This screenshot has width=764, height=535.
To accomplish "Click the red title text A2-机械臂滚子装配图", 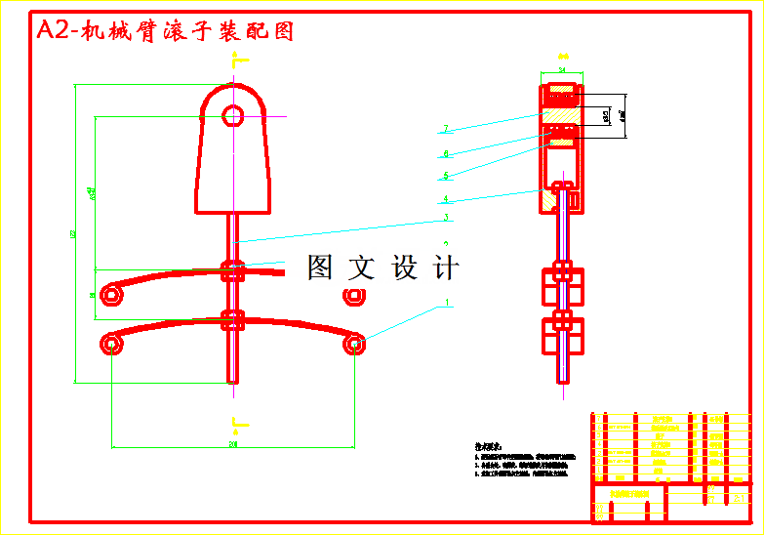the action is (164, 31).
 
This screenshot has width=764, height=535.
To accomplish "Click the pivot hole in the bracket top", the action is (232, 116).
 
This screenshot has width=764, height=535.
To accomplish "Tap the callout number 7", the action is (445, 129).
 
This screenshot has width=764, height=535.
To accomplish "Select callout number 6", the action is (445, 153).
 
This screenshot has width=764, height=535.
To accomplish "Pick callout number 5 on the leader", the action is (445, 176).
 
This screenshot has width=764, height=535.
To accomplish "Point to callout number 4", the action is (445, 199).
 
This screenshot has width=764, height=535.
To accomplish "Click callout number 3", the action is (445, 218).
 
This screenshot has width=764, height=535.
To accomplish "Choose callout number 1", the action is (448, 303).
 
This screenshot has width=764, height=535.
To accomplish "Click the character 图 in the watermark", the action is (321, 267).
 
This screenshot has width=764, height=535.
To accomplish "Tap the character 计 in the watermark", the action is (444, 267).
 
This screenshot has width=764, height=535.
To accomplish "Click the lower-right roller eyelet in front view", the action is (354, 343).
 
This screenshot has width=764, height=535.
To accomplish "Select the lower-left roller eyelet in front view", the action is (111, 343).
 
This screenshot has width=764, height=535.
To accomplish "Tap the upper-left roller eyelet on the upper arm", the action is (112, 293).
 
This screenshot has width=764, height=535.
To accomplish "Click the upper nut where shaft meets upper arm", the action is (232, 270).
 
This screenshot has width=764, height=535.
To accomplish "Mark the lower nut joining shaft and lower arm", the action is (232, 319).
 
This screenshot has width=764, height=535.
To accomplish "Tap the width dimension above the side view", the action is (562, 70).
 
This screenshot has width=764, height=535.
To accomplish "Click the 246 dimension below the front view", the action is (233, 445).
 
